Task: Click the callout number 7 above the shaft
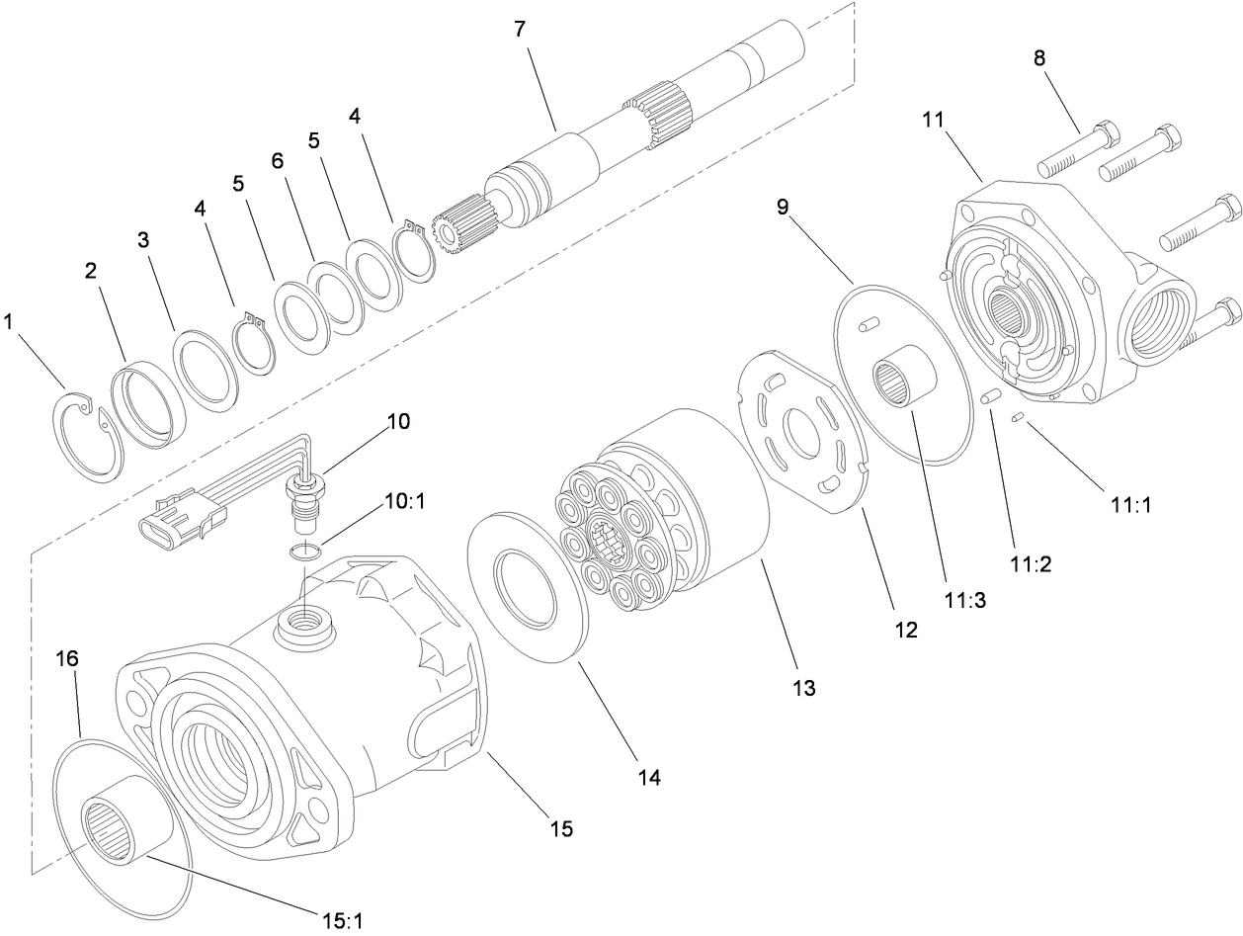[x=520, y=30]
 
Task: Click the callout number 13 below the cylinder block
[x=804, y=688]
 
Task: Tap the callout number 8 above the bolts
[x=1038, y=57]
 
